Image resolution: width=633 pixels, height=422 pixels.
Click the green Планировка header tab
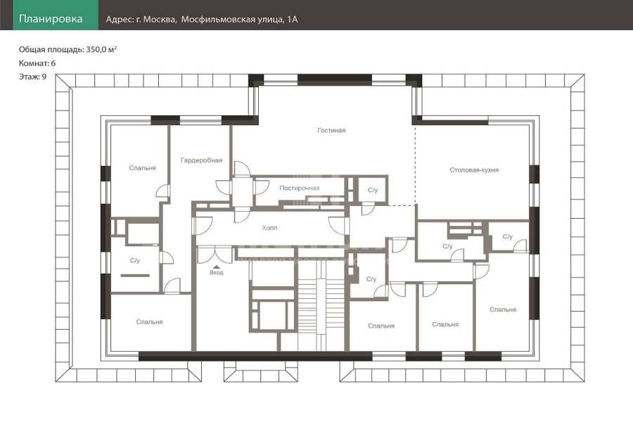click(51, 18)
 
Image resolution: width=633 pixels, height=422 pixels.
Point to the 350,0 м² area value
click(101, 49)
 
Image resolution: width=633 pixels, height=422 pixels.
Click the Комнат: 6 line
click(37, 63)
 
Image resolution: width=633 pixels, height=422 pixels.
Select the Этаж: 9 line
click(32, 77)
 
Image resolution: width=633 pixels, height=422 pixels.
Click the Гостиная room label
click(331, 130)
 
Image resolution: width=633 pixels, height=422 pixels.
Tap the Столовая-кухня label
click(474, 170)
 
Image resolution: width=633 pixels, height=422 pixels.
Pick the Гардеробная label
click(201, 160)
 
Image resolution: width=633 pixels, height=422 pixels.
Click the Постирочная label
click(300, 188)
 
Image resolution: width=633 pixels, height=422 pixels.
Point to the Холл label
click(269, 228)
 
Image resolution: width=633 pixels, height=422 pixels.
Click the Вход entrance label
click(217, 273)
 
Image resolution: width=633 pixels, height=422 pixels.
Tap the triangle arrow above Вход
click(217, 267)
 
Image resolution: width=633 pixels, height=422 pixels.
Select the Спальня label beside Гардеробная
click(143, 167)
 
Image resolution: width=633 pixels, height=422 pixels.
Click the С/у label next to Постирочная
click(373, 190)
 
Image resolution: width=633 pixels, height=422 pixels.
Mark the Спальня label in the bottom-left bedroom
click(149, 322)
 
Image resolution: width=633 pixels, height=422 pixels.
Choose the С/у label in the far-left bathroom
click(135, 260)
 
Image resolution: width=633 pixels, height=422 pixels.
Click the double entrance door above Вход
click(214, 255)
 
